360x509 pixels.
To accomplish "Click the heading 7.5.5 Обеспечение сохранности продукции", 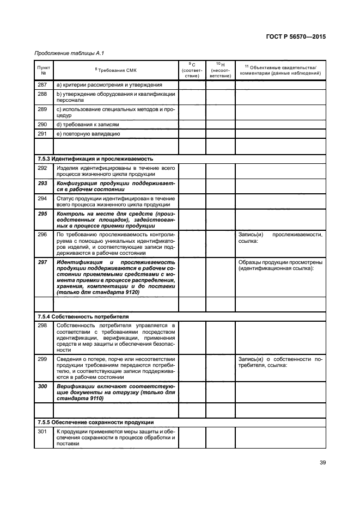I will [95, 422].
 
